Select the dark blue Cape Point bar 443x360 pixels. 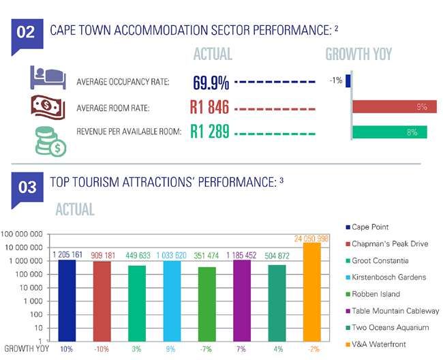(x=67, y=300)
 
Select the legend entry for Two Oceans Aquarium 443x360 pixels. (x=391, y=327)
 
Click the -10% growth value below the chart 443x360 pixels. (x=101, y=349)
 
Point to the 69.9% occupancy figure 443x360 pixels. (x=211, y=83)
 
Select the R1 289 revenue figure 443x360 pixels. (x=209, y=131)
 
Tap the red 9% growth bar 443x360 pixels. (x=394, y=106)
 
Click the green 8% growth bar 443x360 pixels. (x=389, y=132)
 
